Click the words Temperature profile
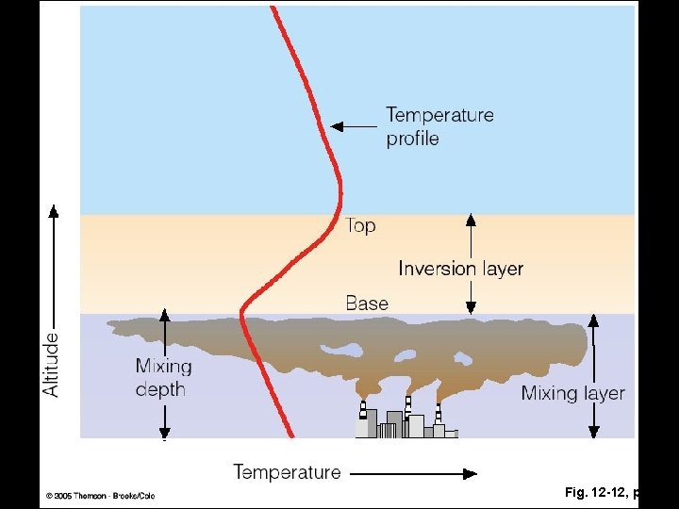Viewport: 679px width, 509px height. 439,126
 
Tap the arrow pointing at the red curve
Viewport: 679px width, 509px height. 353,125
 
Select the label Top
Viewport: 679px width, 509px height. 360,225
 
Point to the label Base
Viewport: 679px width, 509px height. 367,303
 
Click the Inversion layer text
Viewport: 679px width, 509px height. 460,268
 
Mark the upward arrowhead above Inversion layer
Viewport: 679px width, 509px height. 471,220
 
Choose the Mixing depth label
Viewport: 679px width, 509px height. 163,377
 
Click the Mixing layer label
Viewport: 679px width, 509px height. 572,393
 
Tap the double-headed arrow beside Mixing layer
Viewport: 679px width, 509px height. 593,376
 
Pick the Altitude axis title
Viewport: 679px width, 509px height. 51,362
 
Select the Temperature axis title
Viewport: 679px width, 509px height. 287,471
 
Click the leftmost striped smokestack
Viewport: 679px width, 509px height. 363,410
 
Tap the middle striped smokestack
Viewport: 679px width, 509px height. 407,406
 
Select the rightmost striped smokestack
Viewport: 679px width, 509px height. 439,413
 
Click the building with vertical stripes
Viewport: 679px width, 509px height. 389,430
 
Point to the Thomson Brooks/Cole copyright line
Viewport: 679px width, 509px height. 99,496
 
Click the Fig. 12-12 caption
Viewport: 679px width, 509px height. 602,492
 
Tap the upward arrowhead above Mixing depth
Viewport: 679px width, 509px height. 164,314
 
